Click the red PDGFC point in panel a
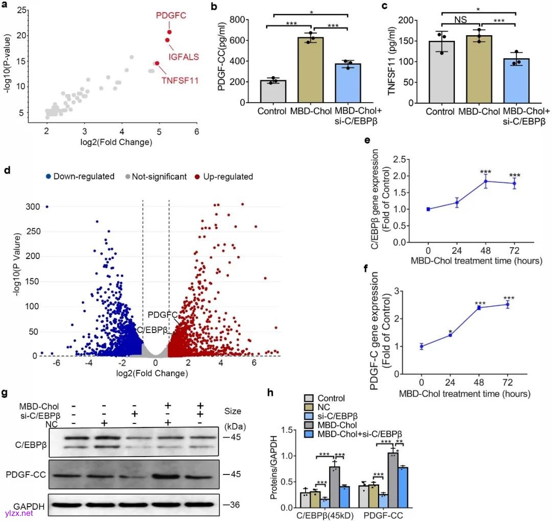click(169, 32)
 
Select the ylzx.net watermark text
click(18, 512)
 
